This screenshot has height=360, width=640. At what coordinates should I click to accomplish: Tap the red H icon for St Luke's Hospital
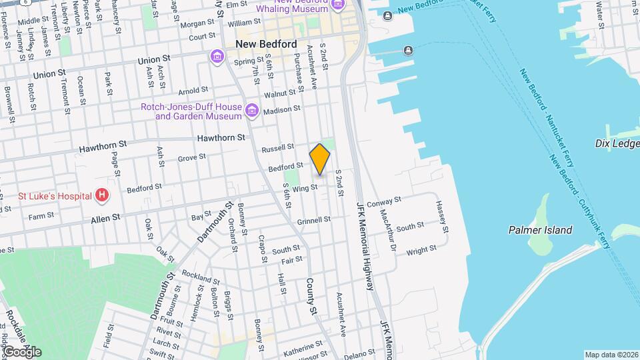[102, 195]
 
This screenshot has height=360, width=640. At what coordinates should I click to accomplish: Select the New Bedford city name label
[266, 44]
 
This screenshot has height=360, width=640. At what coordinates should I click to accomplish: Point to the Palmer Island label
[540, 230]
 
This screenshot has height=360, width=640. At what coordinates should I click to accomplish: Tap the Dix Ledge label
[617, 143]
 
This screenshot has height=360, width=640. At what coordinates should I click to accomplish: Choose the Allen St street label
[105, 217]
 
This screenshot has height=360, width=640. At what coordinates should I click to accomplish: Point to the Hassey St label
[443, 217]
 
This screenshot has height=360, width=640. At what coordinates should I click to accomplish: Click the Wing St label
[305, 189]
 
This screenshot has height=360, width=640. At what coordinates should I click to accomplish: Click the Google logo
[22, 352]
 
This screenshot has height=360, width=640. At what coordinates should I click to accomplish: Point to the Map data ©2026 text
[610, 355]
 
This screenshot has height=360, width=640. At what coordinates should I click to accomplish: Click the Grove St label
[191, 158]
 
